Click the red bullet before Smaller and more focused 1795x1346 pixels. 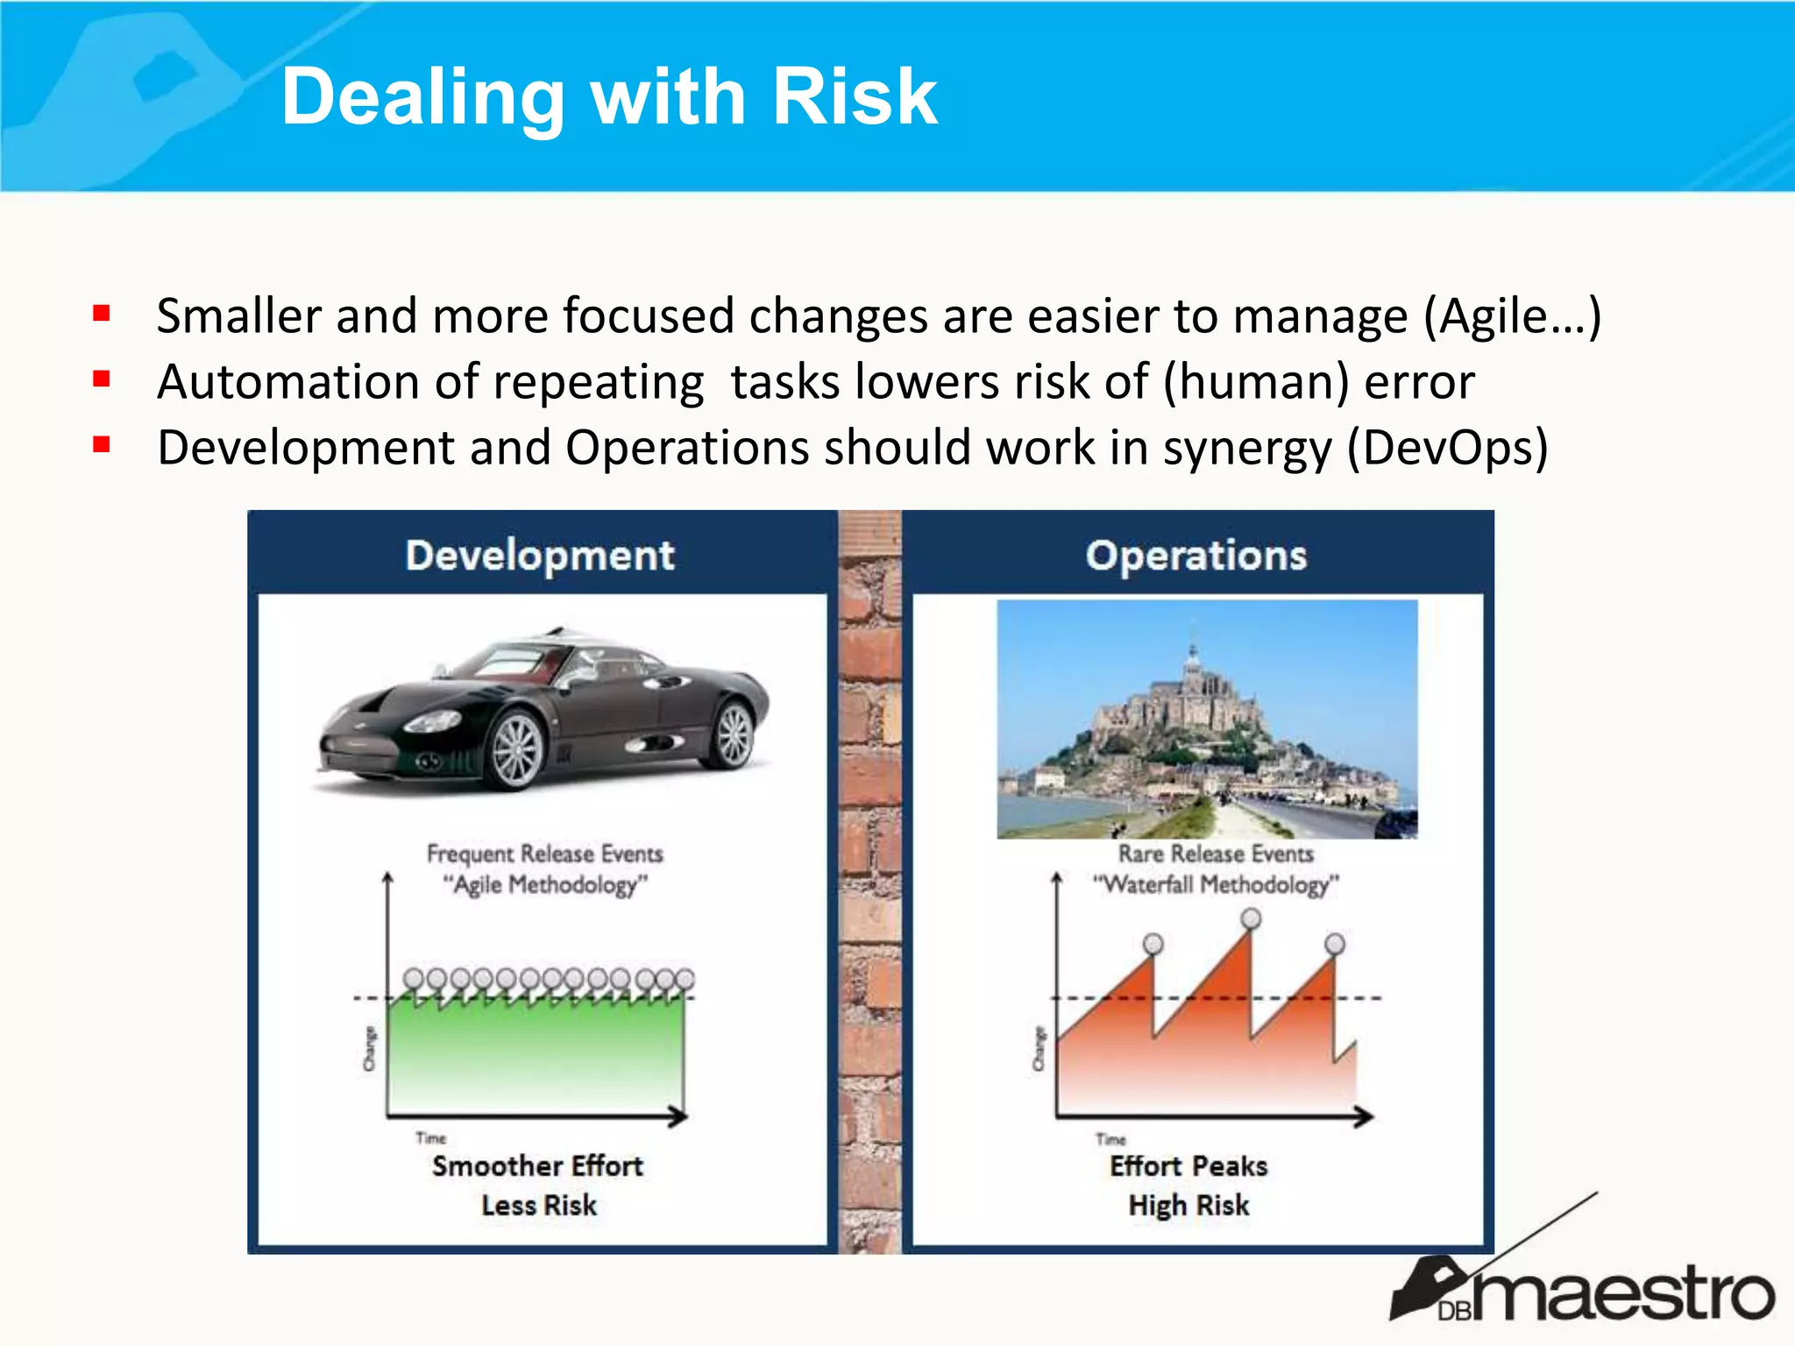(x=102, y=313)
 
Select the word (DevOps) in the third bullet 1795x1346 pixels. (x=1447, y=448)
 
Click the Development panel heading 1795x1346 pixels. (x=540, y=556)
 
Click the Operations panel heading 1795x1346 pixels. (x=1195, y=556)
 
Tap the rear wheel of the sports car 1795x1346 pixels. (x=734, y=734)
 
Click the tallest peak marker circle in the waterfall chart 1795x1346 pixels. (x=1251, y=917)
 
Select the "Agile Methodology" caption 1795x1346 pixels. (x=545, y=884)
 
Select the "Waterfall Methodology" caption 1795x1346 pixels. (x=1216, y=884)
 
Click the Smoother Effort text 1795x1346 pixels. (x=537, y=1166)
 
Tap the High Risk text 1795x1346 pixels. (x=1188, y=1205)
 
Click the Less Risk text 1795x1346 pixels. (x=539, y=1205)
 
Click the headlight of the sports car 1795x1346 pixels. (x=431, y=722)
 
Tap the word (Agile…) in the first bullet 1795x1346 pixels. (x=1512, y=315)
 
